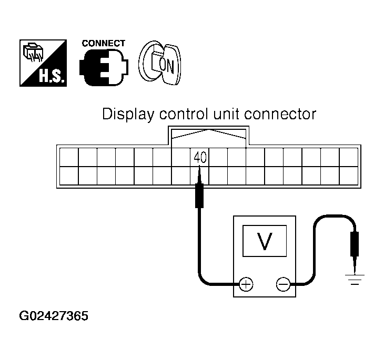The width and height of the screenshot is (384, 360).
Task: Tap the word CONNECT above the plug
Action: [104, 44]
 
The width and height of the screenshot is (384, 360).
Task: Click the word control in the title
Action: [178, 114]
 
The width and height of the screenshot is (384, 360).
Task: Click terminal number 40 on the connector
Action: [199, 157]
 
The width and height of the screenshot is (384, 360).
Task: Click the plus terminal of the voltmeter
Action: [246, 284]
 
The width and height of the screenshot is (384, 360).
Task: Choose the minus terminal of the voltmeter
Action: [283, 284]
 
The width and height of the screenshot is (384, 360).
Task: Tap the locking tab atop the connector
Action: [209, 135]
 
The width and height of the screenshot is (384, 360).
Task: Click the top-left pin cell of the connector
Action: [69, 157]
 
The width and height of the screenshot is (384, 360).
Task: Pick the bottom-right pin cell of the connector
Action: [348, 176]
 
